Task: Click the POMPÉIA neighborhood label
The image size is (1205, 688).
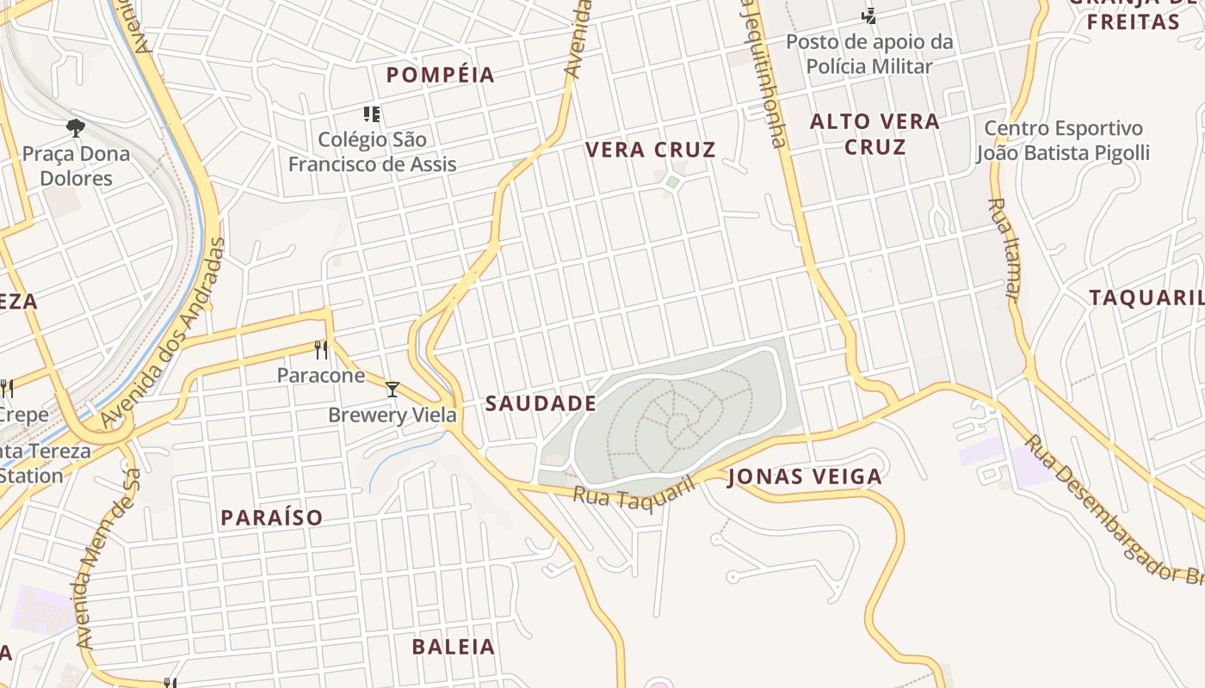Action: point(440,75)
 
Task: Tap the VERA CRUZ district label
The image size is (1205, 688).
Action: point(650,150)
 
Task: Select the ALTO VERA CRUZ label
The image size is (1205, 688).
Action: point(874,134)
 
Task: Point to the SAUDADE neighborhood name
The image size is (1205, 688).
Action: point(541,403)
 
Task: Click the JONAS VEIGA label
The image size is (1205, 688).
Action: point(805,476)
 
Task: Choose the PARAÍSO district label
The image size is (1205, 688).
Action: point(272,517)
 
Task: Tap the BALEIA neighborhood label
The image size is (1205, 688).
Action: point(454,647)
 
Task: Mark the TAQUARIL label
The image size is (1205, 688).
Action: point(1146,298)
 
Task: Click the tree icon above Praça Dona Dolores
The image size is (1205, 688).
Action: point(76,128)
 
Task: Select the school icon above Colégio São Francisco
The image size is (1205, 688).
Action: point(372,114)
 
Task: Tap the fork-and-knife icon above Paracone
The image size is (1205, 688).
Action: point(321,349)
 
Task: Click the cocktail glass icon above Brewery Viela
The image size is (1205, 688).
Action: point(392,390)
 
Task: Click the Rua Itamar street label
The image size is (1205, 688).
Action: point(1004,249)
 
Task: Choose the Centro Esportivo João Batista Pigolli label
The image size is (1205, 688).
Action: point(1063,141)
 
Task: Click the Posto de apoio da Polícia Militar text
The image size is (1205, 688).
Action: point(869,53)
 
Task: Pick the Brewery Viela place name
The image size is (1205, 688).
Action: point(392,415)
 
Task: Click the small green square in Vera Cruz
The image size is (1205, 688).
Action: point(672,182)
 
